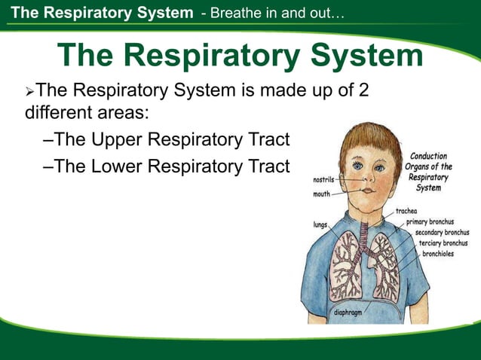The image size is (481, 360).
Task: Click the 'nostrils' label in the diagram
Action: [325, 181]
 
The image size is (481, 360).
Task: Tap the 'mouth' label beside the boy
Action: [322, 194]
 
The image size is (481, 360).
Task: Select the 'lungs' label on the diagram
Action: [320, 224]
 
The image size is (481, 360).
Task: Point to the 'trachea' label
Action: [407, 212]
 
